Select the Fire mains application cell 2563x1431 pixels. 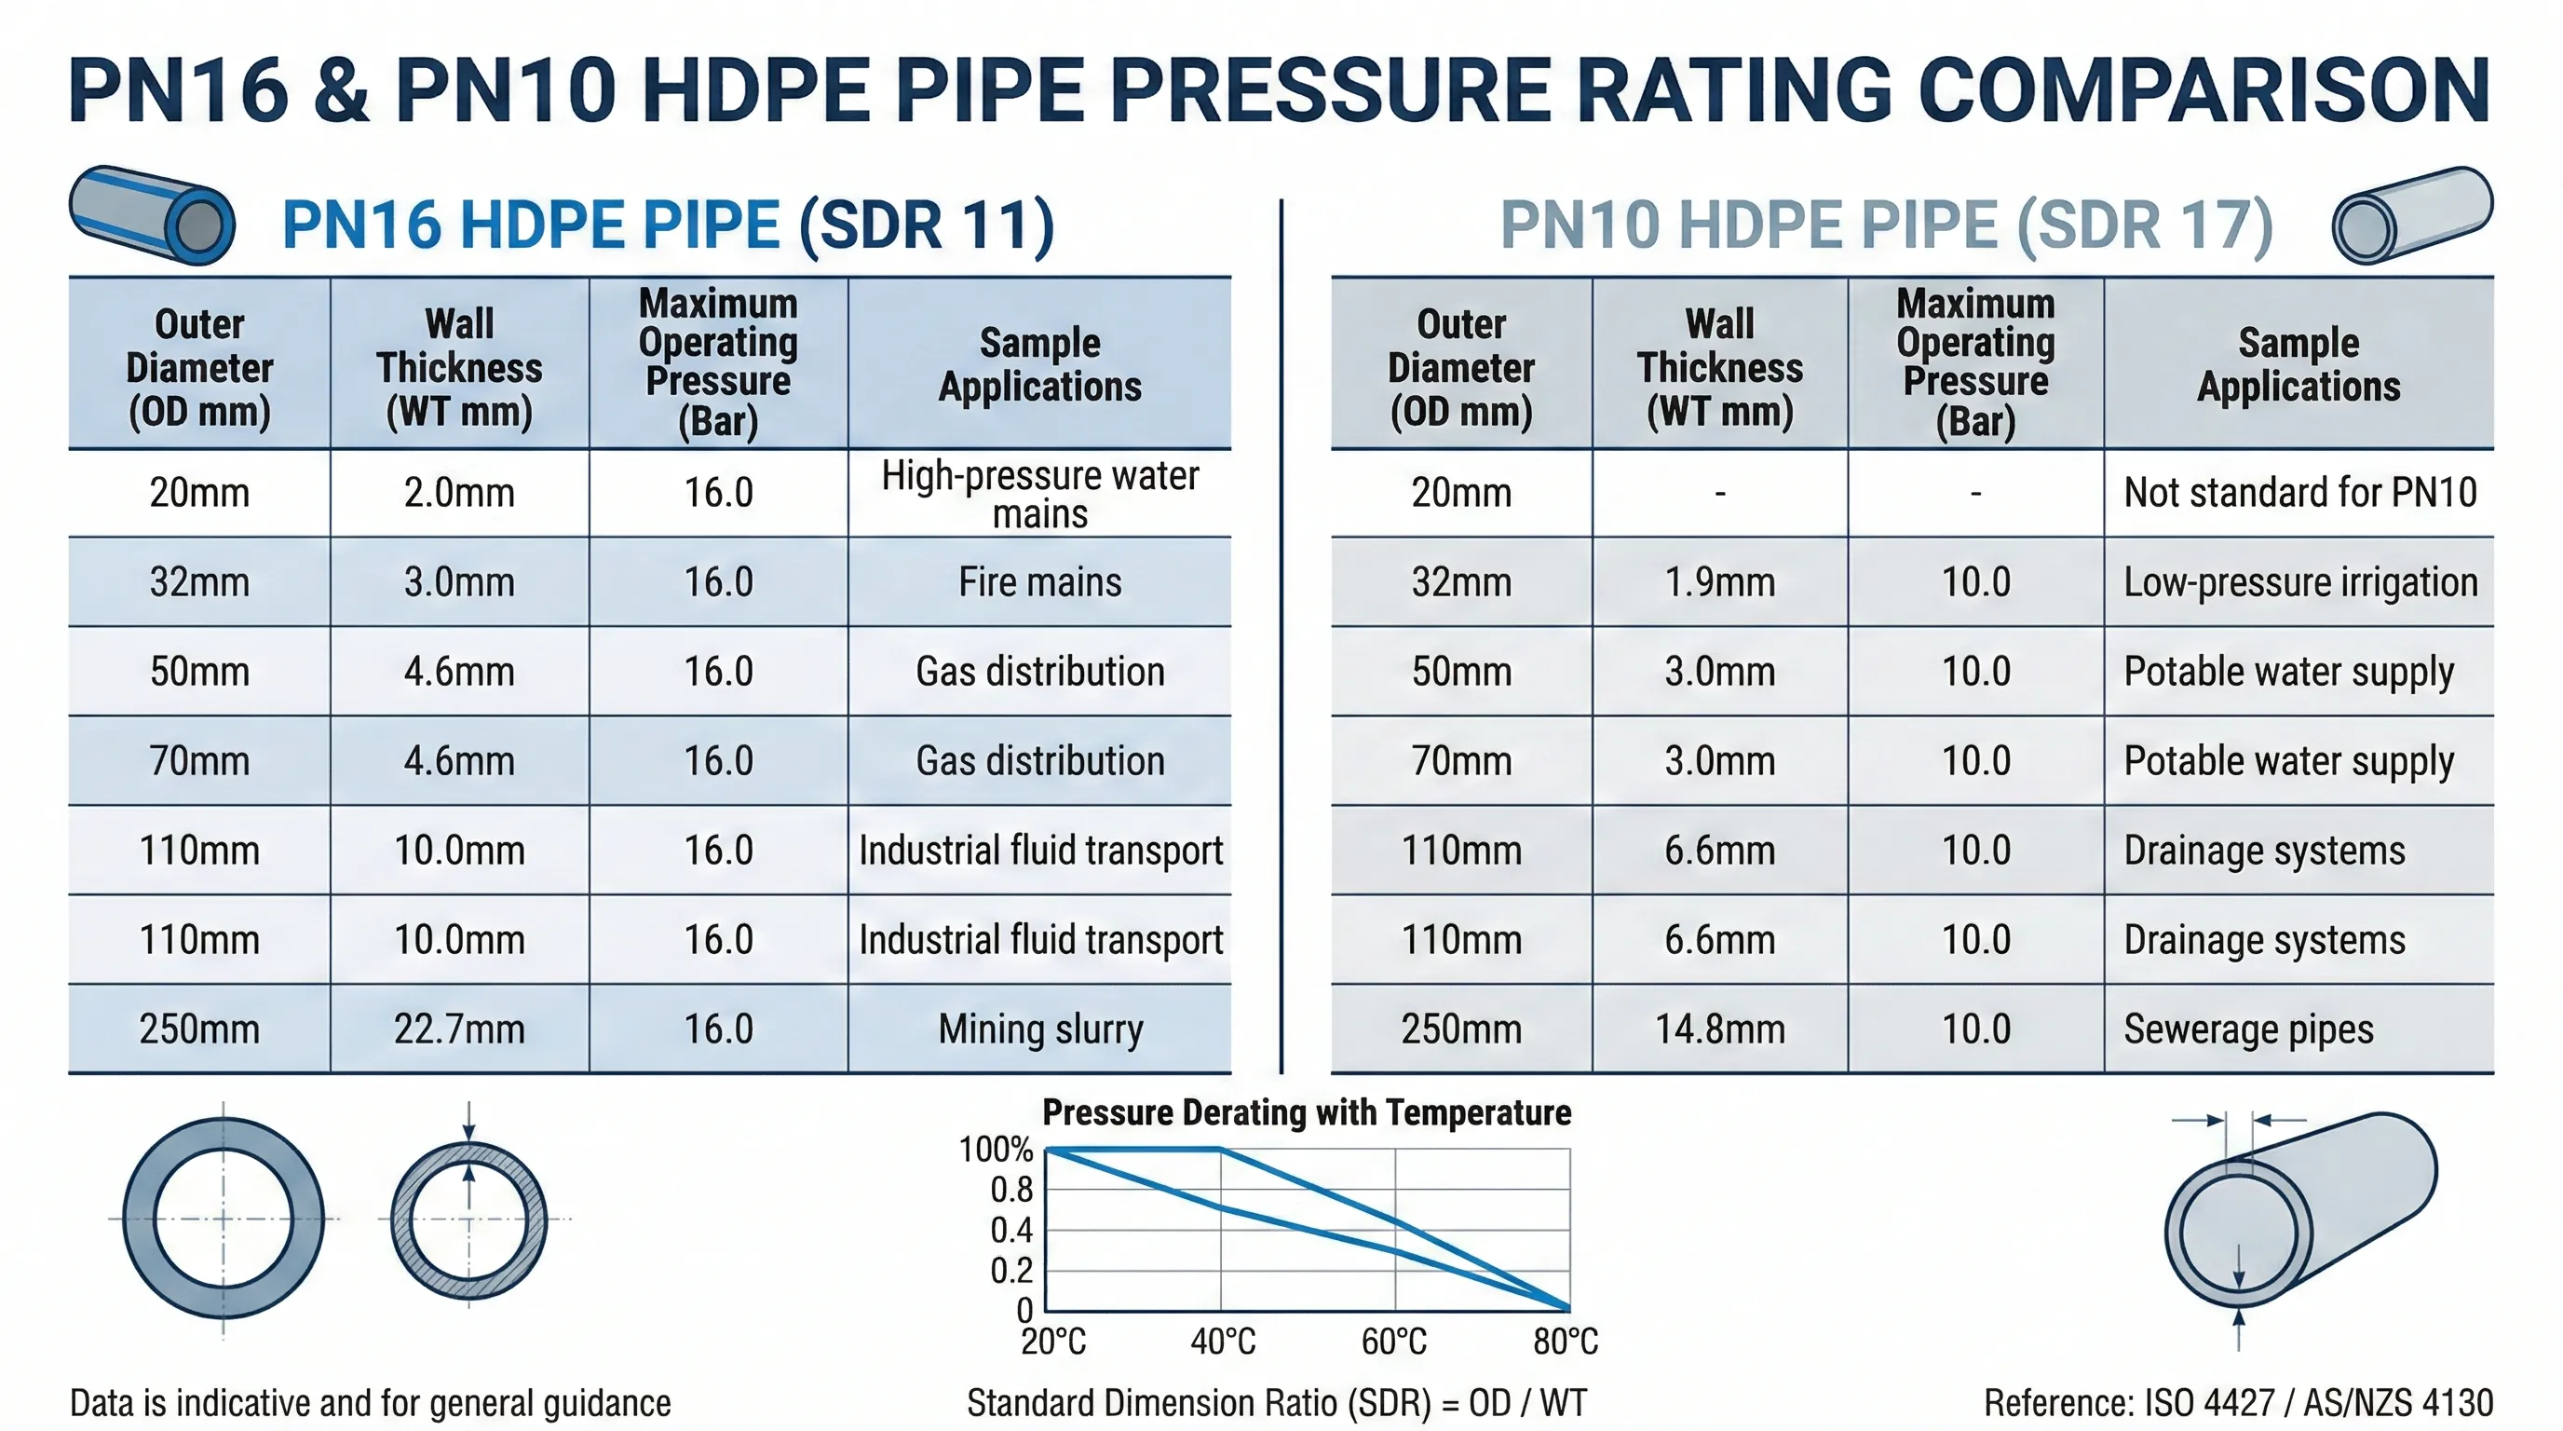tap(1039, 582)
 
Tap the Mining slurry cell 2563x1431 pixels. tap(1039, 1029)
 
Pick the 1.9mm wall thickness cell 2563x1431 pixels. tap(1719, 582)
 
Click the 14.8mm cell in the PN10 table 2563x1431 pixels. tap(1719, 1029)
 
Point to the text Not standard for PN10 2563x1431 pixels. tap(2299, 493)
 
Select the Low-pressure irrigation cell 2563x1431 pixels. tap(2299, 582)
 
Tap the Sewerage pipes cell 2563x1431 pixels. tap(2248, 1029)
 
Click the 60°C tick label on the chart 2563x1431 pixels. tap(1394, 1342)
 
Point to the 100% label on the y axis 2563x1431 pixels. tap(995, 1150)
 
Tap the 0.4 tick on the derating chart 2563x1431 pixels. tap(1010, 1231)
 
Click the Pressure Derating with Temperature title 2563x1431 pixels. tap(1307, 1112)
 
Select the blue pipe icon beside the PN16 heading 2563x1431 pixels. tap(152, 215)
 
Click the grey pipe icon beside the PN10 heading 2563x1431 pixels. tap(2412, 215)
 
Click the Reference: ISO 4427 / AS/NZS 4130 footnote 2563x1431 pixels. tap(2238, 1403)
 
